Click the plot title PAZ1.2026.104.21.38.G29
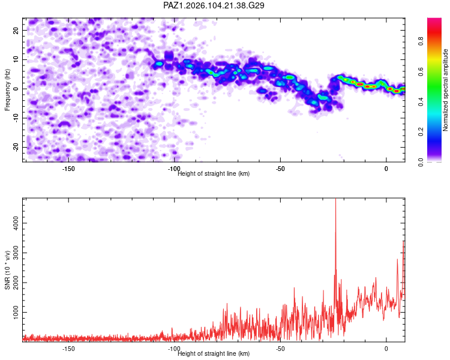(214, 5)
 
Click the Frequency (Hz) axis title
(7, 90)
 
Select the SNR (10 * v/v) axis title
(7, 270)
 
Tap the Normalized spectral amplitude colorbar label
(445, 90)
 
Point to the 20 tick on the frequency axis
(16, 30)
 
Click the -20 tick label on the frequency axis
(16, 147)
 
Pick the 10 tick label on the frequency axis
(16, 59)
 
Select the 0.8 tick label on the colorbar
(421, 41)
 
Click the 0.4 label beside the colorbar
(421, 101)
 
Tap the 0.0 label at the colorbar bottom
(421, 162)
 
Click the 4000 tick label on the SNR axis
(16, 223)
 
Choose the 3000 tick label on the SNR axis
(16, 253)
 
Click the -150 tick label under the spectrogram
(68, 169)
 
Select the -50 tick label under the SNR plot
(280, 349)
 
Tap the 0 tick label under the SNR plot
(386, 349)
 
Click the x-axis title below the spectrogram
(214, 173)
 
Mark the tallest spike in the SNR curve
(335, 199)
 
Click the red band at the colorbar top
(434, 32)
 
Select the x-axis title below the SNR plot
(214, 353)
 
